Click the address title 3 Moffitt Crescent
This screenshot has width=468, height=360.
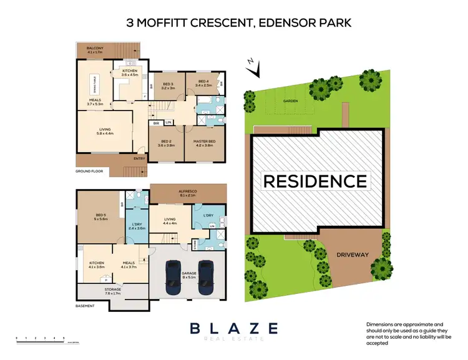coord(234,23)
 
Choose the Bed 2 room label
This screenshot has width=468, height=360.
coord(167,143)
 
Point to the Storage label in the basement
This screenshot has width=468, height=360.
coord(112,291)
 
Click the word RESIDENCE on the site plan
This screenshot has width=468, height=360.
coord(315,182)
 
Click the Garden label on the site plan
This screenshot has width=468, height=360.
coord(291,100)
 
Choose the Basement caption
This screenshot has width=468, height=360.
coord(85,306)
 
